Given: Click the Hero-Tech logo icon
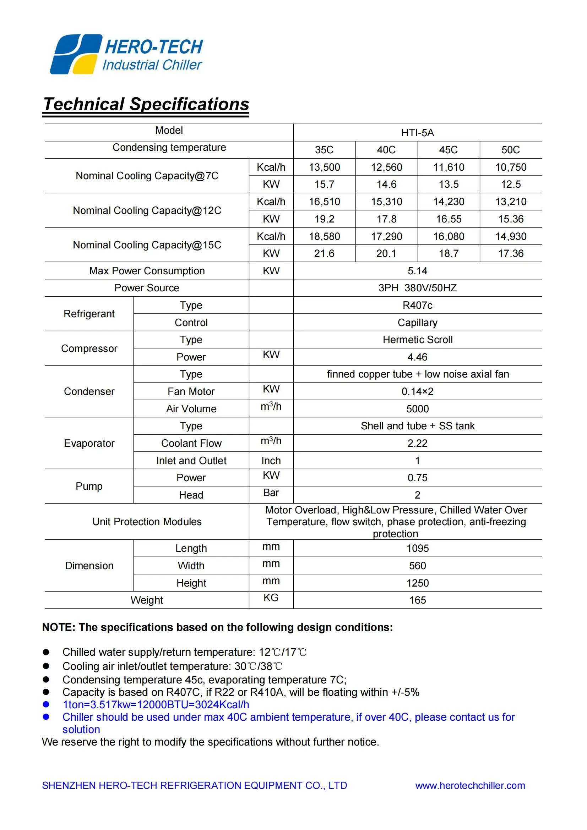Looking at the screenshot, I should [x=76, y=54].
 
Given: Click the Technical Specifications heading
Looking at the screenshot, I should [x=146, y=104].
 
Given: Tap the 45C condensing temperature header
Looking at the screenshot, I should [x=448, y=150].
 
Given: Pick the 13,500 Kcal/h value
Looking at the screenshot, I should [x=324, y=167].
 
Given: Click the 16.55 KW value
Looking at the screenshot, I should [x=449, y=219].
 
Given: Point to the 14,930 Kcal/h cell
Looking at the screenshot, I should [x=510, y=236].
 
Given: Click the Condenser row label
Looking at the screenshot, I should [x=89, y=391].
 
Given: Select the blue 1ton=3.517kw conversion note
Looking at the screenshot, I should [x=156, y=705].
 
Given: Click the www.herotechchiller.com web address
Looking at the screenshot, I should [x=470, y=786].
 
